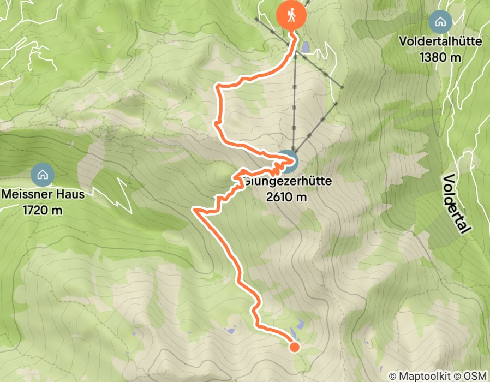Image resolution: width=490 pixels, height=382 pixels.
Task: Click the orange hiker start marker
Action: click(291, 15)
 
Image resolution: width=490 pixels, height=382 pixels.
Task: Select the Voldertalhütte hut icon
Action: click(440, 23)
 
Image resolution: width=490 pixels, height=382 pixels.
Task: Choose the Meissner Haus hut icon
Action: click(42, 175)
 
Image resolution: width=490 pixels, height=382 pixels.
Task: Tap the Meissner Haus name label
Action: click(43, 194)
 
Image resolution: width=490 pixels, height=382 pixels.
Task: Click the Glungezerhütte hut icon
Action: click(289, 160)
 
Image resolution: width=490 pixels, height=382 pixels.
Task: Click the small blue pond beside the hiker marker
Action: click(304, 48)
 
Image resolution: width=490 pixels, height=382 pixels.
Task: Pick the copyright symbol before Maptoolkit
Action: click(392, 376)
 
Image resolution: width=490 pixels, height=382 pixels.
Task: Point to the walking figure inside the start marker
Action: click(291, 15)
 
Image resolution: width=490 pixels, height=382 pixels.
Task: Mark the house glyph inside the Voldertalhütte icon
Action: click(440, 23)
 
